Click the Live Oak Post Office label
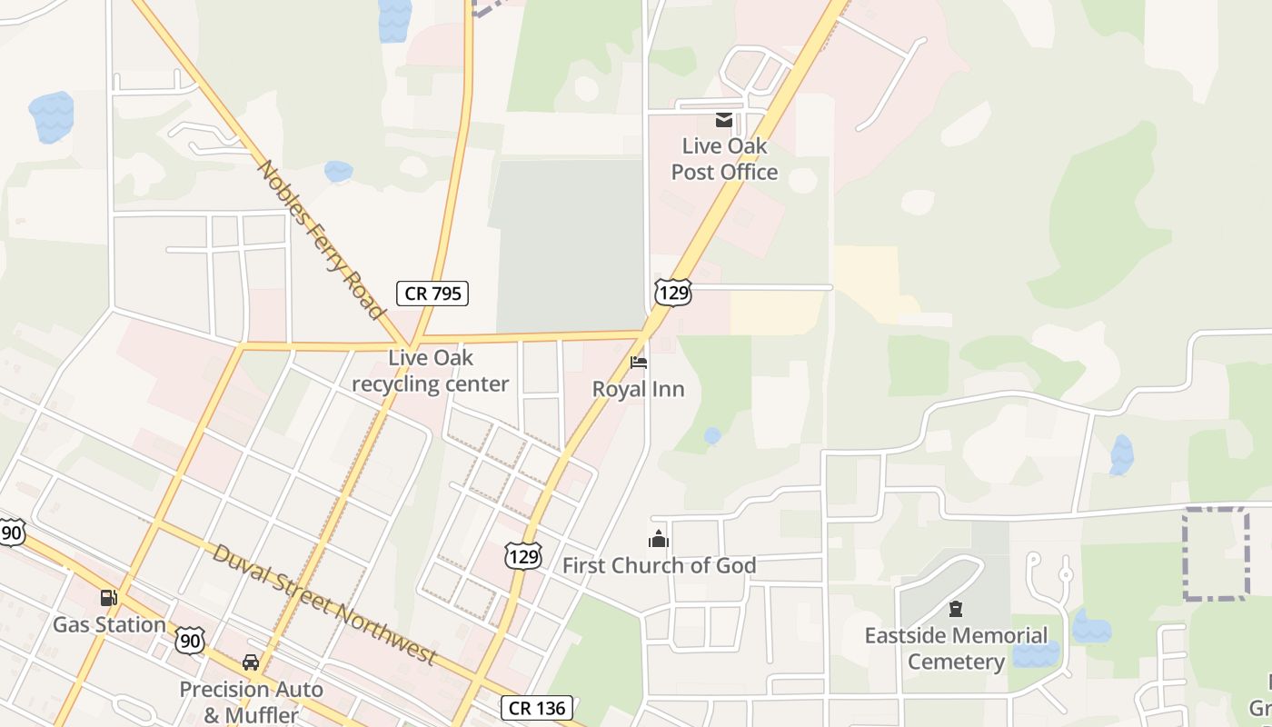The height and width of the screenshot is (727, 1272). pos(724,159)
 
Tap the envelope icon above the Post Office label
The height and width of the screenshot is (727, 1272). pos(724,120)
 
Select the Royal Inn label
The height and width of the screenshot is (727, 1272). pos(638,389)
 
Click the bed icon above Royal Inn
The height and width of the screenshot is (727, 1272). pos(639,363)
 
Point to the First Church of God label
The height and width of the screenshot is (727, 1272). pos(659,565)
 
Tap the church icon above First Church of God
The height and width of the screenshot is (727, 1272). pos(659,540)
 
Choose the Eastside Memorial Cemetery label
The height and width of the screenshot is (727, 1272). pos(956,648)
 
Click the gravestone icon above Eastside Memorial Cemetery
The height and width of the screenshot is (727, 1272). pos(955,609)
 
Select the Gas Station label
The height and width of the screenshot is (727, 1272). pos(109,624)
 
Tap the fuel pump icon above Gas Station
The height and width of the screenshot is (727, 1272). pos(109,598)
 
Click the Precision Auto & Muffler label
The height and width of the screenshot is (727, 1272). pos(251,702)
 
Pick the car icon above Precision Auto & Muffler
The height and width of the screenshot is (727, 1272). pos(251,662)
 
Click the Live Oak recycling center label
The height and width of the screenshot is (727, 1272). pos(430,371)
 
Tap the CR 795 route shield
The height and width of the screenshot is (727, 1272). pos(432,293)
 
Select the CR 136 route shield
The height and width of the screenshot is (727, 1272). pos(536,708)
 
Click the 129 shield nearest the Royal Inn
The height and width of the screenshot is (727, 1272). pos(672,292)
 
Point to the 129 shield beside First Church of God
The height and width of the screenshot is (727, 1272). pos(523,555)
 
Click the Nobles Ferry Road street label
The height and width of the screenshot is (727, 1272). pos(322,239)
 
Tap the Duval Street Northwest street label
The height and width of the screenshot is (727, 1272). pos(324,604)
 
